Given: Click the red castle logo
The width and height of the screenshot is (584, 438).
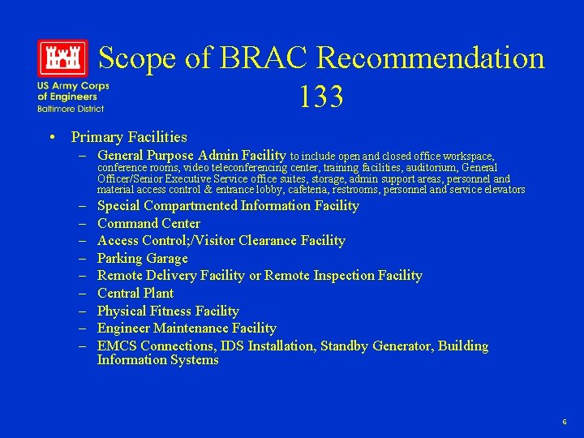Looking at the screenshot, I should [62, 58].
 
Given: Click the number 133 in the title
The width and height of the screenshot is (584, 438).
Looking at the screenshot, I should [320, 97].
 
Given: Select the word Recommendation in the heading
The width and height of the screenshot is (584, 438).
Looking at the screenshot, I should [431, 58].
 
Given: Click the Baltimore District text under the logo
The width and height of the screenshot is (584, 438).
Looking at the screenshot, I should [70, 108].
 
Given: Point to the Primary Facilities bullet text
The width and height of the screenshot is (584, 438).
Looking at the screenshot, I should [129, 137].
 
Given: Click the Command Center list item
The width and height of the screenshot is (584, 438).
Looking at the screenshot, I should [148, 223].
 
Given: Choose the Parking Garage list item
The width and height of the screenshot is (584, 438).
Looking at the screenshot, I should [142, 258].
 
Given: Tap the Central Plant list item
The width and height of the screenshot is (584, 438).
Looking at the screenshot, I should [135, 293].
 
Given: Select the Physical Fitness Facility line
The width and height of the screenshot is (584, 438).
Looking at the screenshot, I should [168, 311].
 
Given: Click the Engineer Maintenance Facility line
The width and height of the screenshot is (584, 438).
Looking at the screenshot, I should [187, 328].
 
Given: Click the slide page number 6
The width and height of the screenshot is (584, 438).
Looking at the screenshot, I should [565, 423].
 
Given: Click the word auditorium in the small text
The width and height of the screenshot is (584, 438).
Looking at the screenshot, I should [426, 167].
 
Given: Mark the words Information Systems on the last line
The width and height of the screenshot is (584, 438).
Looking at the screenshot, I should [158, 359].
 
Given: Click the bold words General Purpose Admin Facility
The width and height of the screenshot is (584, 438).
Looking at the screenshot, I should [191, 155].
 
